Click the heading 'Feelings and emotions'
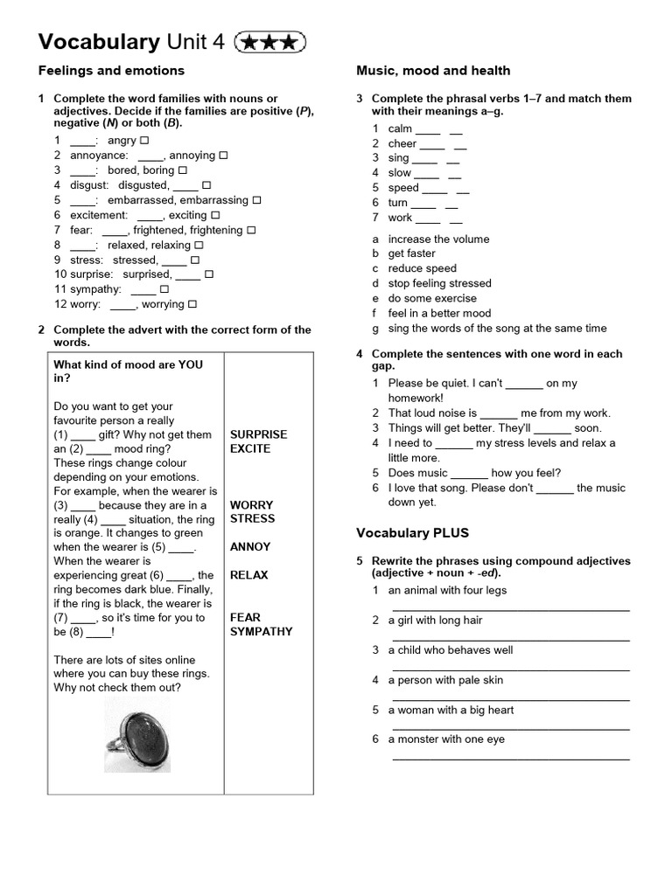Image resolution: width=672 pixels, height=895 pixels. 111,71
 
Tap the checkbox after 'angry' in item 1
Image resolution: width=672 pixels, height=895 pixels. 144,141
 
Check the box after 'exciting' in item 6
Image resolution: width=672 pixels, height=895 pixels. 215,215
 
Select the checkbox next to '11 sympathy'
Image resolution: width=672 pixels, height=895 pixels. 164,289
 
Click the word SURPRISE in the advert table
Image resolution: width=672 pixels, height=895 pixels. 258,434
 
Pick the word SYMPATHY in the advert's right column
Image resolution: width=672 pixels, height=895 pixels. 261,631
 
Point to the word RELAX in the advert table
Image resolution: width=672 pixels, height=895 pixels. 248,575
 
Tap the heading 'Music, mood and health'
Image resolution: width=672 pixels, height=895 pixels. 433,71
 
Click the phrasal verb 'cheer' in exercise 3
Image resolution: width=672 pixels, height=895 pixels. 402,143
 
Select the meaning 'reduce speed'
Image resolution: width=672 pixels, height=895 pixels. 422,268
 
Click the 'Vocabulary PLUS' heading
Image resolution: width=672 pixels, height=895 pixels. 412,532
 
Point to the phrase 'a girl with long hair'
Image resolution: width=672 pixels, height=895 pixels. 435,621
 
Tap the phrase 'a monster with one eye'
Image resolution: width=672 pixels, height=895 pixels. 446,739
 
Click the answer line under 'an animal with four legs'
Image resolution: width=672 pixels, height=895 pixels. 510,608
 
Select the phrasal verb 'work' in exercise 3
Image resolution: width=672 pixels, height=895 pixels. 400,218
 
